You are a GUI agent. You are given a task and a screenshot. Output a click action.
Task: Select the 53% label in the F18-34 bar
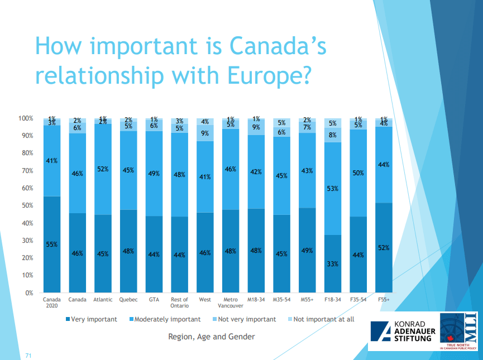tap(333, 189)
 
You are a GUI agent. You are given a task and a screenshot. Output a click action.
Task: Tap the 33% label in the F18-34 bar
tap(333, 263)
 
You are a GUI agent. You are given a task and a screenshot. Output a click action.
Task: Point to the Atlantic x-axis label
tap(103, 300)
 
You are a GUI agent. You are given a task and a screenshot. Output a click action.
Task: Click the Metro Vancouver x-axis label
tap(231, 303)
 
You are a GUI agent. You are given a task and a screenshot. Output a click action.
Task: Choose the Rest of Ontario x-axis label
tap(180, 303)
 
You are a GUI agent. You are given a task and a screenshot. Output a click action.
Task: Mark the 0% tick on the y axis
tap(28, 292)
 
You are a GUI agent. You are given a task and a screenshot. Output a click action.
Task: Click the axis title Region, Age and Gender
tap(212, 337)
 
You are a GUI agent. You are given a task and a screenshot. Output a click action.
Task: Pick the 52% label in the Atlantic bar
tap(103, 169)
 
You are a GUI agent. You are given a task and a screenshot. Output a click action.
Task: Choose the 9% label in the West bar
tap(205, 133)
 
